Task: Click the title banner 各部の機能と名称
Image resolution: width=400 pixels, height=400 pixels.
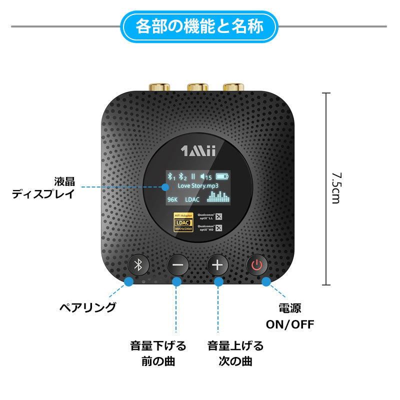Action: (199, 25)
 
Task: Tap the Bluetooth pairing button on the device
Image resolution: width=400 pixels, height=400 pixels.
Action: (140, 265)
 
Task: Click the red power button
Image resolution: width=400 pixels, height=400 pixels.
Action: (256, 265)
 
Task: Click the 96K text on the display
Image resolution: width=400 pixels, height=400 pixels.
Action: (173, 199)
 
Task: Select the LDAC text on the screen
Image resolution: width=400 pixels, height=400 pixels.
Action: (192, 199)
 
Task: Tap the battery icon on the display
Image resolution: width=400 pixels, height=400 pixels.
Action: (222, 176)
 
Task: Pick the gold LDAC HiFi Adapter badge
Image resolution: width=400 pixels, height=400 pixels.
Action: (183, 222)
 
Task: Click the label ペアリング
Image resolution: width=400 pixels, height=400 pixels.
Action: (87, 307)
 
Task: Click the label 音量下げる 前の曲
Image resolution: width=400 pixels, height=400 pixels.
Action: (158, 353)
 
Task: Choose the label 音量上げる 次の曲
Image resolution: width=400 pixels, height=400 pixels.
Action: (235, 353)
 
